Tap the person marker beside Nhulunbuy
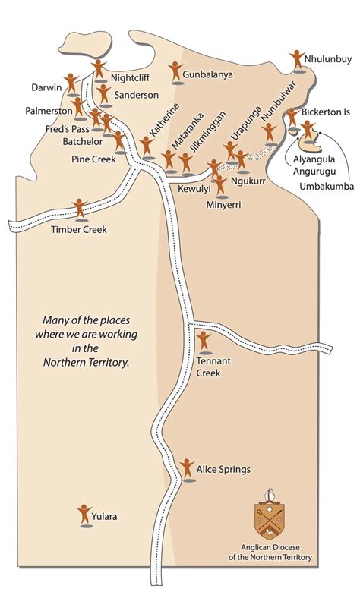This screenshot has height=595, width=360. click(298, 60)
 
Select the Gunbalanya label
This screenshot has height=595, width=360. click(207, 75)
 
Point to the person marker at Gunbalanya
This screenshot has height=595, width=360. click(175, 71)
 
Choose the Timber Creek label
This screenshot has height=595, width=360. click(79, 229)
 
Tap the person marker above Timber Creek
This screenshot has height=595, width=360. click(80, 208)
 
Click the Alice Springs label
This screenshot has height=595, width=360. click(223, 470)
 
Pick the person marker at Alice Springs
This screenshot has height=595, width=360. click(188, 468)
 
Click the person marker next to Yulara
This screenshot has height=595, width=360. click(84, 515)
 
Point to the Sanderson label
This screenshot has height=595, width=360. click(137, 95)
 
